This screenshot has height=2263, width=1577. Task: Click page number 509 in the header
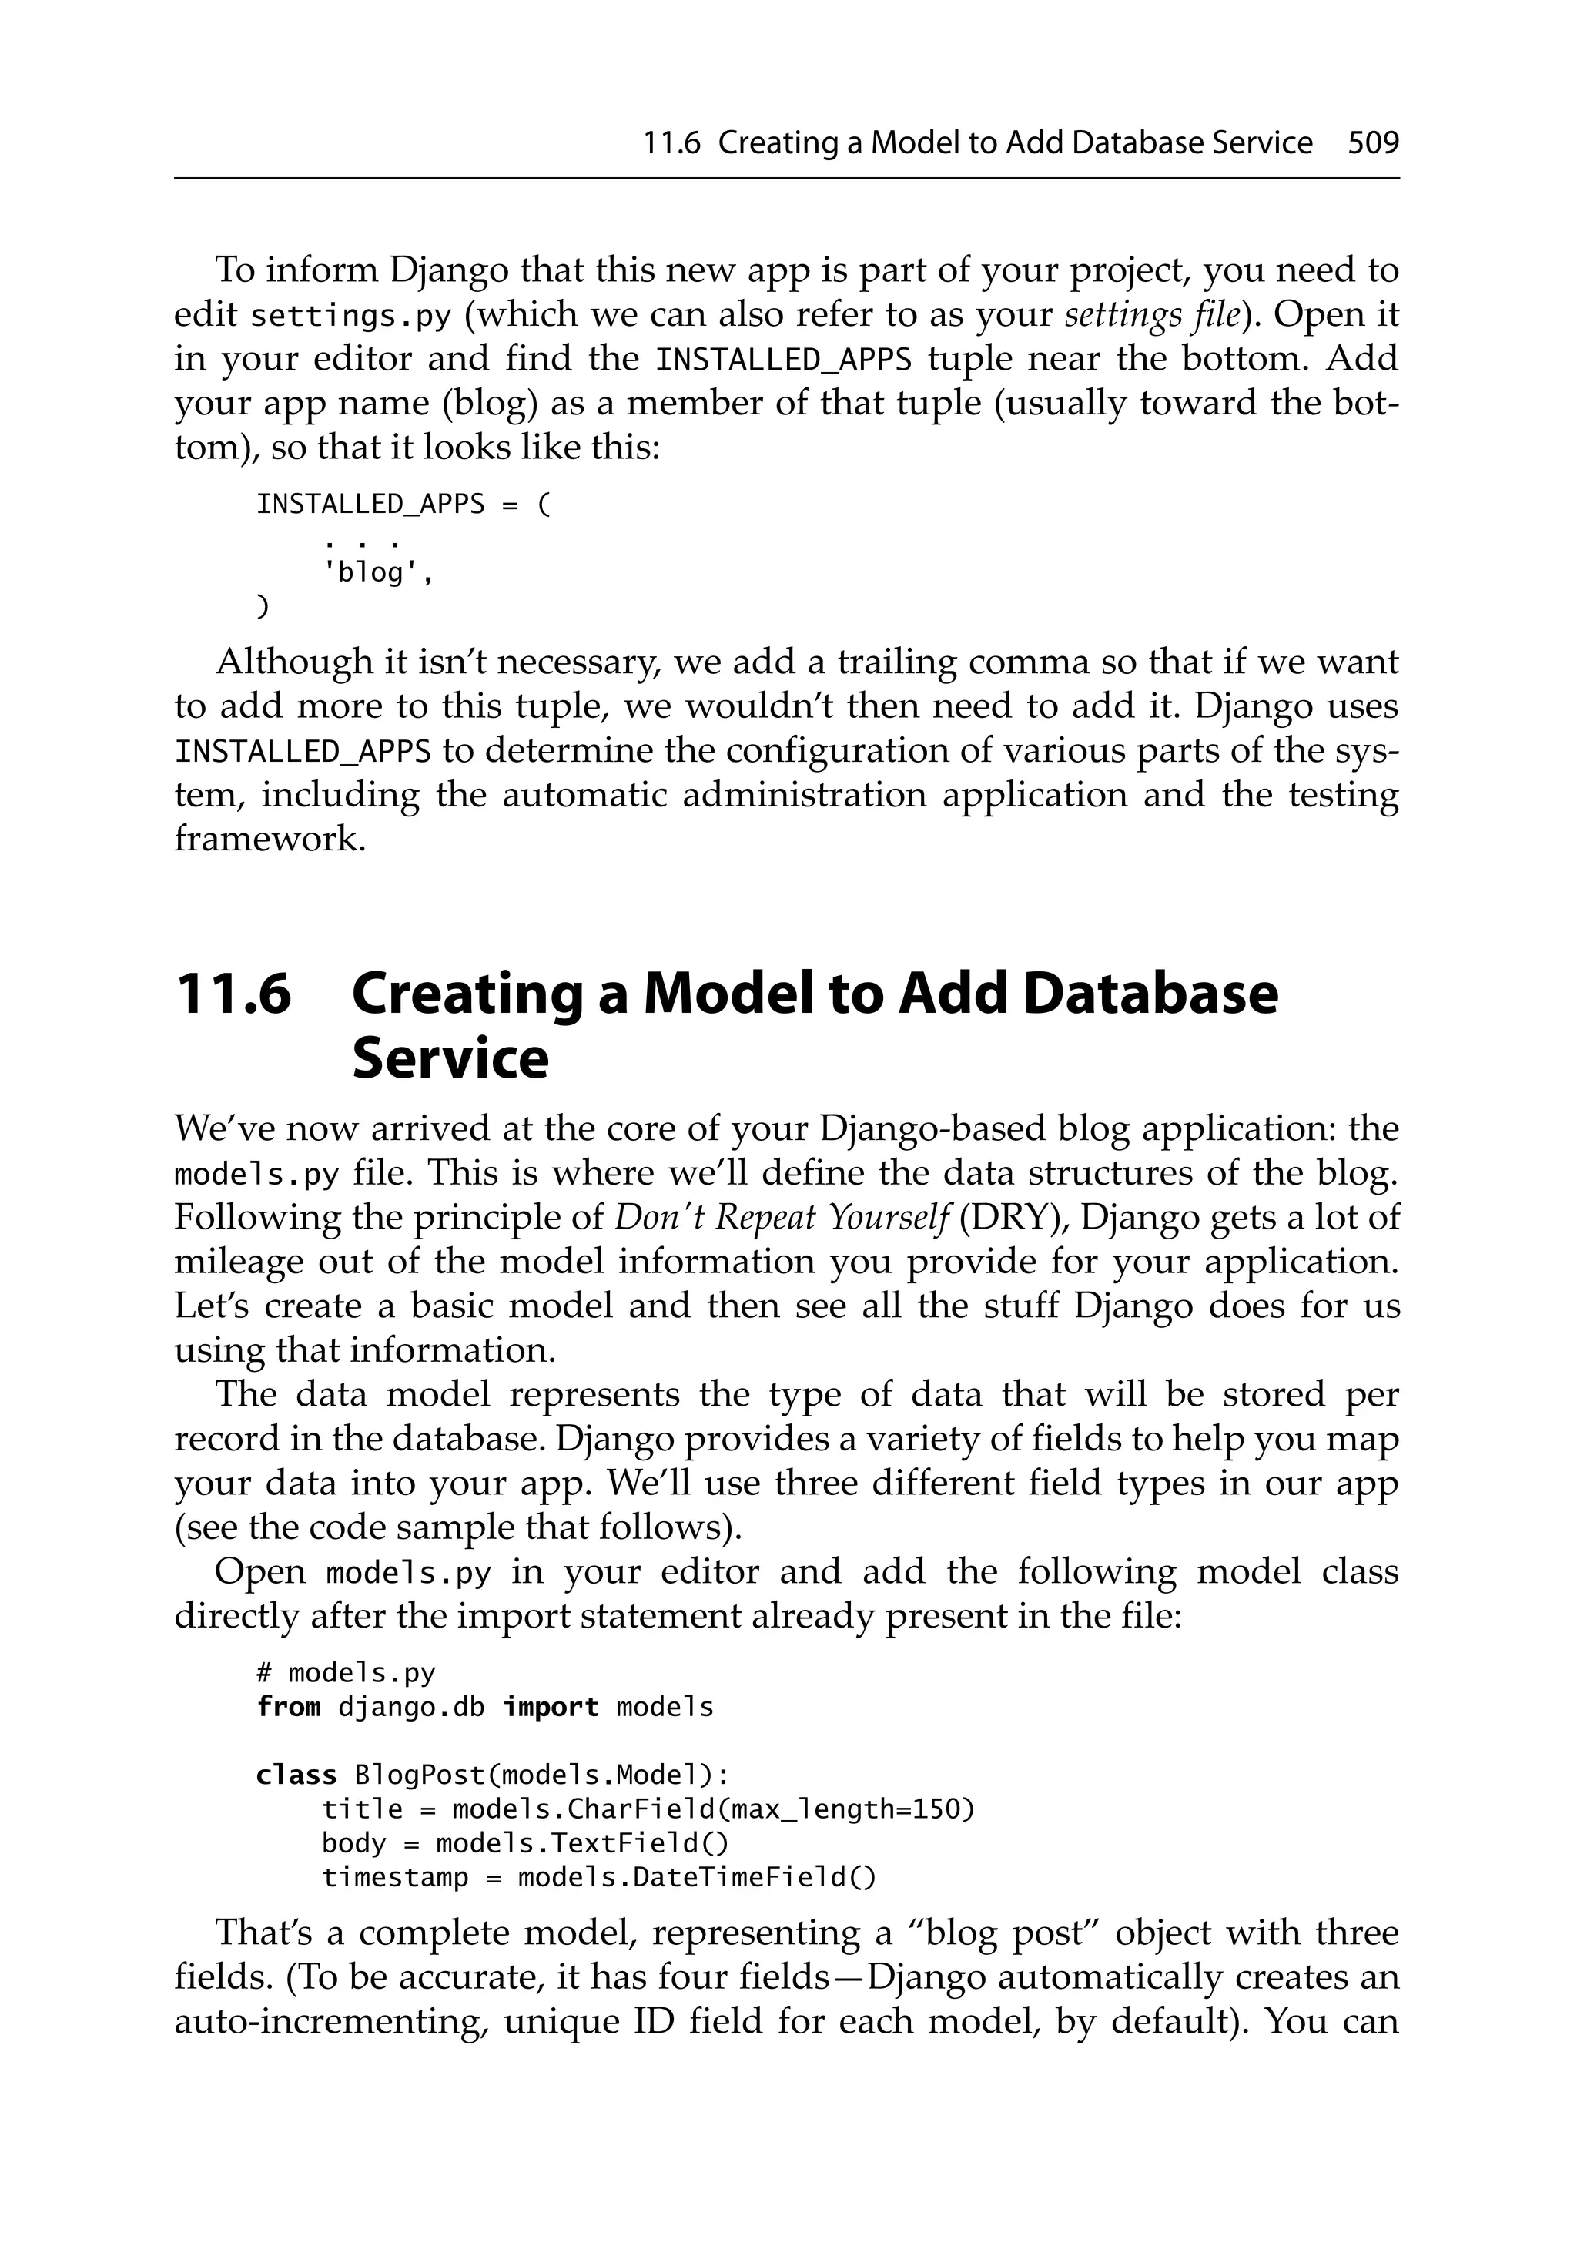coord(1373,144)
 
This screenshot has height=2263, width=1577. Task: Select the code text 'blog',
coord(379,572)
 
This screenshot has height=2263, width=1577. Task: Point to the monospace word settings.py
coord(351,317)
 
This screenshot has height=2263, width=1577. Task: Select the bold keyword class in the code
coord(296,1776)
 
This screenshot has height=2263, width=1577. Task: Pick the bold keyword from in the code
coord(288,1708)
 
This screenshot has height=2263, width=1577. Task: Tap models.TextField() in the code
coord(581,1843)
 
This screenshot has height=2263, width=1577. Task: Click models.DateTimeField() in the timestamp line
coord(696,1878)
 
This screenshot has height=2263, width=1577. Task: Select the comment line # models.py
coord(345,1674)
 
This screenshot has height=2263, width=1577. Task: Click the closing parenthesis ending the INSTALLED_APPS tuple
coord(262,607)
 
